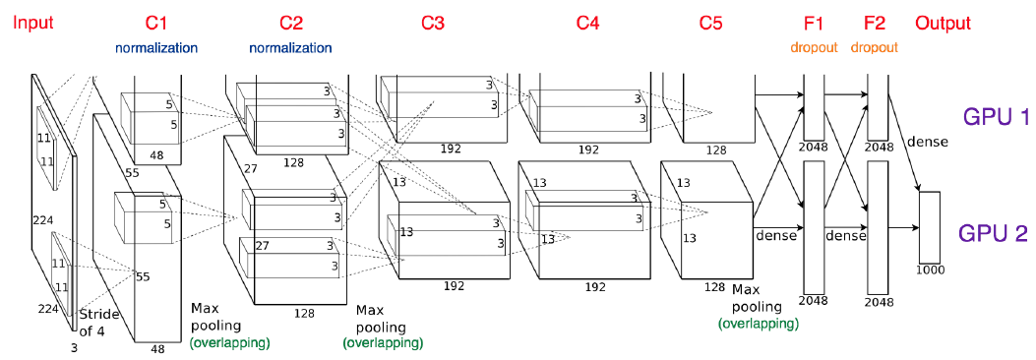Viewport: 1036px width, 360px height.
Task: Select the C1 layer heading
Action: pos(155,23)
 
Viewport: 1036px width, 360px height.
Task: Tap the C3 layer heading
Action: pos(433,23)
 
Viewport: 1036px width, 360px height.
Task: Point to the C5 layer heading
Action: pos(710,23)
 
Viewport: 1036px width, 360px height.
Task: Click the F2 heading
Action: pos(876,23)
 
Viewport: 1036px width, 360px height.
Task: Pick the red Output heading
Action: pos(943,23)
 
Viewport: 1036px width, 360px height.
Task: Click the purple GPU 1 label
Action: pos(995,117)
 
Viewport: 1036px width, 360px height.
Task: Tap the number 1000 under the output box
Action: pos(929,269)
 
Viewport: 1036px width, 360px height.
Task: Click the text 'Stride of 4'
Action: pos(98,322)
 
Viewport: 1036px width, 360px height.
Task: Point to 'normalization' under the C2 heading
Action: pos(291,47)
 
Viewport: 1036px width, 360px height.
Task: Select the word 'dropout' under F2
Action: pos(876,47)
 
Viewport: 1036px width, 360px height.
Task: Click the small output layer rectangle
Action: pos(930,225)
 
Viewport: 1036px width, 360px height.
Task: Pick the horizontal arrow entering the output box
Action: pos(903,227)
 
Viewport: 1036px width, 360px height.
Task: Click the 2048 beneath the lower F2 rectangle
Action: pos(878,302)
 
